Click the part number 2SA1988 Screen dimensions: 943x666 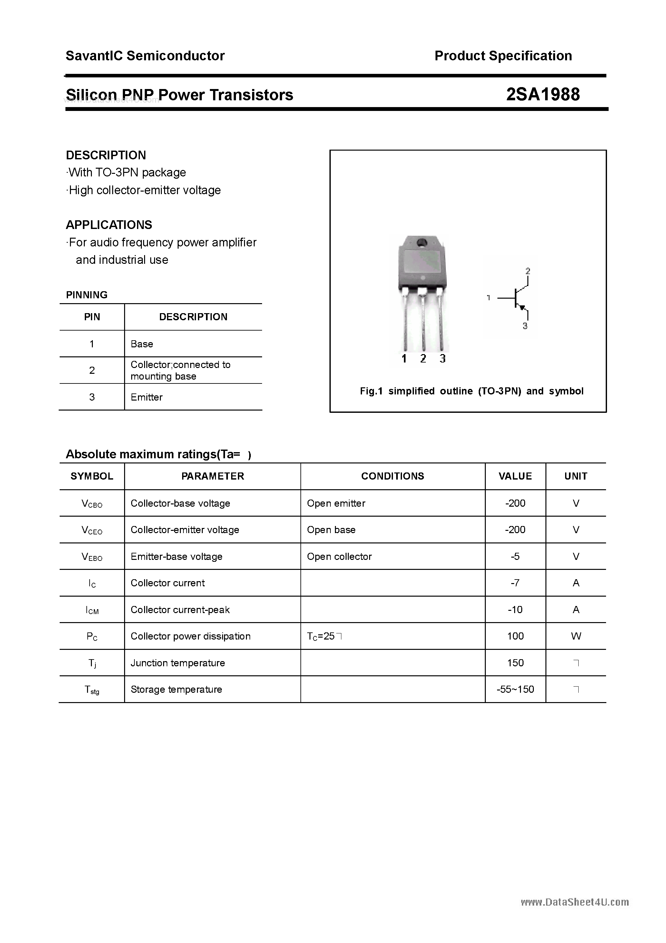pyautogui.click(x=543, y=94)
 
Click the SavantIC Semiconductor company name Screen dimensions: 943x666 pyautogui.click(x=145, y=56)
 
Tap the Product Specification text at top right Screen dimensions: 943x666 pyautogui.click(x=503, y=56)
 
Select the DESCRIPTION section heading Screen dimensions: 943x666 pyautogui.click(x=106, y=155)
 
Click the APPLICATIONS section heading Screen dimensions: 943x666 pyautogui.click(x=109, y=225)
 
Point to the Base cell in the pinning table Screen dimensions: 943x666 pyautogui.click(x=142, y=344)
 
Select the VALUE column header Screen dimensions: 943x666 pyautogui.click(x=515, y=476)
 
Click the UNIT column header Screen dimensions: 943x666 pyautogui.click(x=576, y=476)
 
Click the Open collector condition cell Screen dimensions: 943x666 pyautogui.click(x=339, y=557)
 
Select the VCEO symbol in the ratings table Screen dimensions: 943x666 pyautogui.click(x=92, y=530)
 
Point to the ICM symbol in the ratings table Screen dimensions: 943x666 pyautogui.click(x=92, y=610)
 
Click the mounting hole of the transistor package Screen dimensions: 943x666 pyautogui.click(x=421, y=243)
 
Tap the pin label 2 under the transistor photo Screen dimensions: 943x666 pyautogui.click(x=423, y=359)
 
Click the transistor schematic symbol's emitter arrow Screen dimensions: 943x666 pyautogui.click(x=522, y=307)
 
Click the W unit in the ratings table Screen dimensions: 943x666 pyautogui.click(x=576, y=636)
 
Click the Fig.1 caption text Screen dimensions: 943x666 pyautogui.click(x=471, y=391)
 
